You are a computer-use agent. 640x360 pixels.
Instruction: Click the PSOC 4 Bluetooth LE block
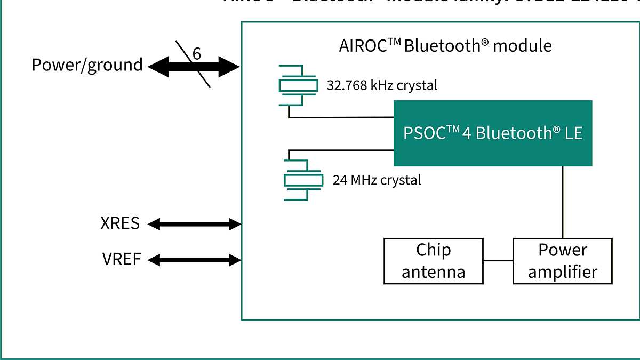[x=492, y=133]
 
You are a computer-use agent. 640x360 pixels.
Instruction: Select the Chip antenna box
[x=433, y=261]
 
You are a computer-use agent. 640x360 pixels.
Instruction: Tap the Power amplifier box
[x=562, y=261]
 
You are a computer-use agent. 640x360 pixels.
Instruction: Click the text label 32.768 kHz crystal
[x=381, y=85]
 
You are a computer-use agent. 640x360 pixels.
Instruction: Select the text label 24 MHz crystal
[x=377, y=180]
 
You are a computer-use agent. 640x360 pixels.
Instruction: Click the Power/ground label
[x=87, y=65]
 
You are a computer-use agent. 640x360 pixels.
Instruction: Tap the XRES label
[x=120, y=223]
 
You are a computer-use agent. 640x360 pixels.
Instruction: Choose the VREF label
[x=122, y=260]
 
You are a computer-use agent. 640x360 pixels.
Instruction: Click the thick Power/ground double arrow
[x=193, y=67]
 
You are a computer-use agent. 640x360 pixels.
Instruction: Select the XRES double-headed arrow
[x=194, y=224]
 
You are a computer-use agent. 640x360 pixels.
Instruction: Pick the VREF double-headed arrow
[x=194, y=260]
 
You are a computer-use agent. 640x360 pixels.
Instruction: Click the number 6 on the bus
[x=197, y=54]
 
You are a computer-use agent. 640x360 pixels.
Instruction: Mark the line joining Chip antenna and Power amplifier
[x=498, y=261]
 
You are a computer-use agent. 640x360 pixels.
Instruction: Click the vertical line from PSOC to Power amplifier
[x=562, y=202]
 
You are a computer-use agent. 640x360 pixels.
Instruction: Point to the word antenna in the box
[x=433, y=272]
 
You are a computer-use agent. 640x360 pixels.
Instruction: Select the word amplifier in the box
[x=562, y=272]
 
